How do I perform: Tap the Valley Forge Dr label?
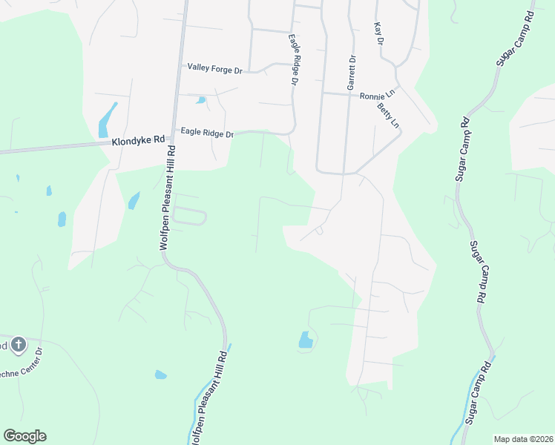point(215,67)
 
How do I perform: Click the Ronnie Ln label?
point(377,96)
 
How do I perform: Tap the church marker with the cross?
point(19,344)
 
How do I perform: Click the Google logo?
point(24,436)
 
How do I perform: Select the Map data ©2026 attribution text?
point(523,439)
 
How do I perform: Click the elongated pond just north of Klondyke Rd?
point(107,120)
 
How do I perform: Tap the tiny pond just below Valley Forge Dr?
point(200,100)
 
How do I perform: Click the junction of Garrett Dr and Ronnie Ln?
point(349,94)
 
